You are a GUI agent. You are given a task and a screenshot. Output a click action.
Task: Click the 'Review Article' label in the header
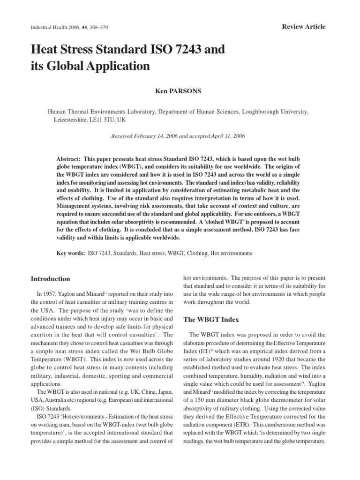(303, 27)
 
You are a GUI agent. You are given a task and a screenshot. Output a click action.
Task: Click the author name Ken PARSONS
(178, 91)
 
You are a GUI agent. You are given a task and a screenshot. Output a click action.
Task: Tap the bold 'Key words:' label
(71, 253)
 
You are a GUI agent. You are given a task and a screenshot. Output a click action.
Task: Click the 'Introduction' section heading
(50, 279)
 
